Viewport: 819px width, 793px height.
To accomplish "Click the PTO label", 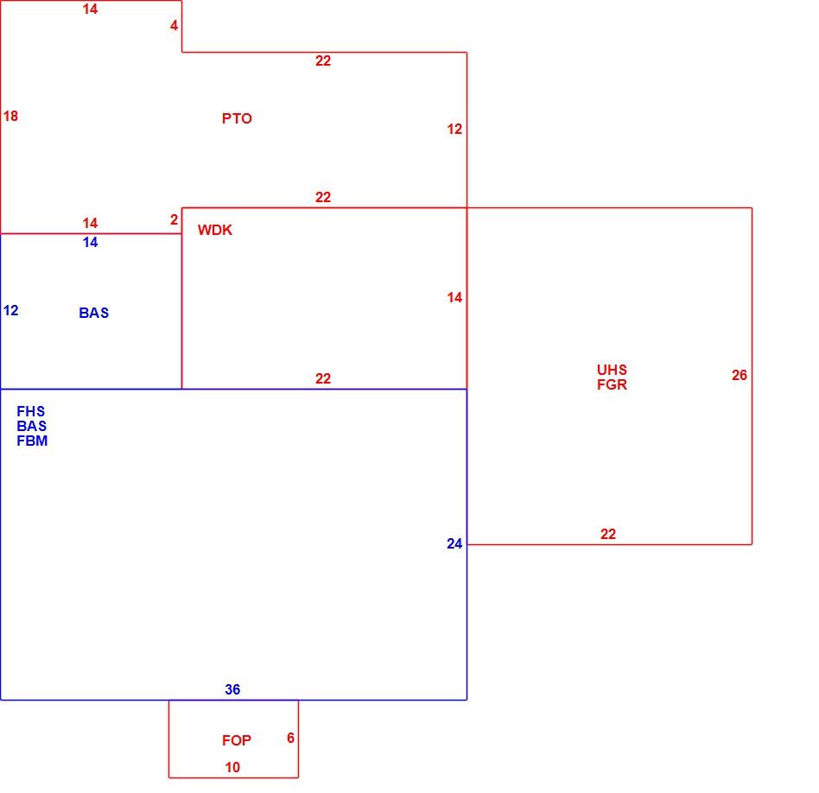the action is click(237, 118).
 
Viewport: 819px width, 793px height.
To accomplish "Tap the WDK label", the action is click(214, 230).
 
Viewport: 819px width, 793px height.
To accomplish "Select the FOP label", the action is click(237, 740).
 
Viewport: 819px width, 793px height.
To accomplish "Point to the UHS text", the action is click(612, 370).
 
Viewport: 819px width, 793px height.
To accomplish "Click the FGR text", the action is click(612, 384).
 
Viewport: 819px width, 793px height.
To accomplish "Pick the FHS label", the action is click(31, 411).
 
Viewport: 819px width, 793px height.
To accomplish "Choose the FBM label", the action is click(32, 441).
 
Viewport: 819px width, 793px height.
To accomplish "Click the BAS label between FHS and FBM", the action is click(31, 426).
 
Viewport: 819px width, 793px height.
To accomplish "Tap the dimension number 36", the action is click(232, 689).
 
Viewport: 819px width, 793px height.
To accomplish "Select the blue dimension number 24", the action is click(454, 544).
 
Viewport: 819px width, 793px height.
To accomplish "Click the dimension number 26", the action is click(739, 375).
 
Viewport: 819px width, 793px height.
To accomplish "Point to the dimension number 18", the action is click(10, 116).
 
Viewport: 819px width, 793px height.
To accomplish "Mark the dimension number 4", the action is click(174, 25).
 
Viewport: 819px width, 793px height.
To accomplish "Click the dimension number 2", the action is click(174, 220).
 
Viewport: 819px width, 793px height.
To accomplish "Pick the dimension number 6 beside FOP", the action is click(290, 738).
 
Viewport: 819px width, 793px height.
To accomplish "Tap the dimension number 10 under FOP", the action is click(232, 767).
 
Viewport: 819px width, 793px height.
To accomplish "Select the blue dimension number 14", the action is click(90, 243).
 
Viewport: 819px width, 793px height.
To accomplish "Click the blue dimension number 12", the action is click(10, 311).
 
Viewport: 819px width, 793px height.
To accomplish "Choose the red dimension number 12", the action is click(454, 129).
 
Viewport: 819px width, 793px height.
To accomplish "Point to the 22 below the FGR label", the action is click(608, 534).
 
